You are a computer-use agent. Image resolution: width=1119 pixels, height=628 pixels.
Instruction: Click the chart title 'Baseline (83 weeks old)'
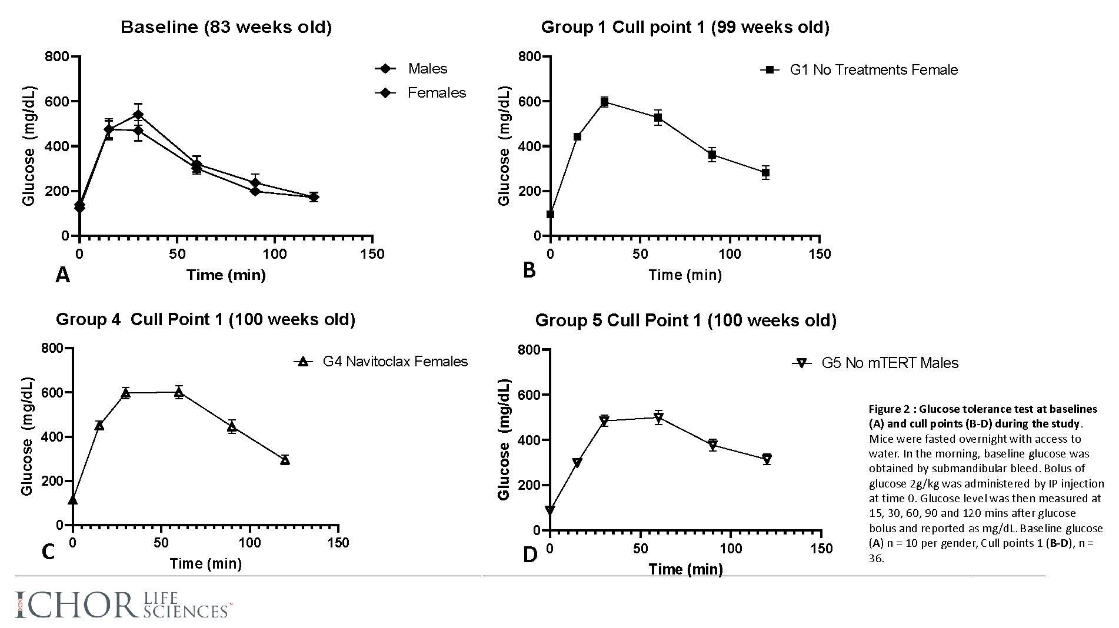click(226, 27)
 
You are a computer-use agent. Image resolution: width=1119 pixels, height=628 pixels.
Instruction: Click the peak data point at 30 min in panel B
click(604, 102)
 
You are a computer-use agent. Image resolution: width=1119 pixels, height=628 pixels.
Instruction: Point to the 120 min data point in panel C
click(285, 460)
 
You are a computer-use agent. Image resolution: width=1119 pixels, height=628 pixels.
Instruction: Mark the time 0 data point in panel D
click(550, 510)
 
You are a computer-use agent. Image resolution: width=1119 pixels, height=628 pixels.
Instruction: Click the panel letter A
click(62, 275)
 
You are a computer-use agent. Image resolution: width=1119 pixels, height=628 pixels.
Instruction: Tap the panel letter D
click(530, 554)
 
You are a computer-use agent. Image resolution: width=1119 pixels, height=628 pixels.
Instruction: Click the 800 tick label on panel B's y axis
click(529, 56)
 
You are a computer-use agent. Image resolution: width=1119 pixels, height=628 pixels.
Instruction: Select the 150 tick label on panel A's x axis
click(372, 254)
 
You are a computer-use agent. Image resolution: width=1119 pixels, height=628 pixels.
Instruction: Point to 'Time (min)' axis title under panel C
click(206, 564)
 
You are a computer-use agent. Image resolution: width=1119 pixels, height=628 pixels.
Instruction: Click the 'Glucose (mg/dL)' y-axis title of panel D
click(504, 439)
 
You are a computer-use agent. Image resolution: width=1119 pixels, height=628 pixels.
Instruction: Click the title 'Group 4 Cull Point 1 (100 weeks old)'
click(205, 319)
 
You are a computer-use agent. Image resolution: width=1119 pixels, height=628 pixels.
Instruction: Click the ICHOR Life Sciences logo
click(124, 605)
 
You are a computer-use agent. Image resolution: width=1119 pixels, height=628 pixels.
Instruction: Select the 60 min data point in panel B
click(658, 118)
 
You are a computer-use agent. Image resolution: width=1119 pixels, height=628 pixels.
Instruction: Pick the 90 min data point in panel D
click(713, 445)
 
